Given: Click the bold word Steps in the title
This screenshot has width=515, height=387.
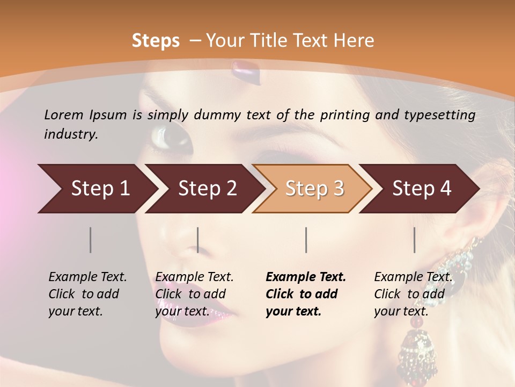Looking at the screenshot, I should click(x=156, y=41).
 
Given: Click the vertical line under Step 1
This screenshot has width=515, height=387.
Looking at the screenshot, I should click(x=91, y=240).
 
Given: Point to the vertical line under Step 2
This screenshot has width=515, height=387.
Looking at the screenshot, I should click(x=198, y=240).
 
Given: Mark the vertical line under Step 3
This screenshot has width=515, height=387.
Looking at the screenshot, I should click(x=306, y=240).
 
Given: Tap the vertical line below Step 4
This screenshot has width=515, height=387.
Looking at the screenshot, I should click(x=415, y=240).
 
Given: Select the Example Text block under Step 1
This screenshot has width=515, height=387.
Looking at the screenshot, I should click(x=87, y=294).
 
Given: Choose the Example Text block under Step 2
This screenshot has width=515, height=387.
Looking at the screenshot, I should click(x=194, y=294).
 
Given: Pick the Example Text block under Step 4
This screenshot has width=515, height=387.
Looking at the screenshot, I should click(x=413, y=294).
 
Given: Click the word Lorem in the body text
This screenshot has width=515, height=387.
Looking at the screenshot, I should click(x=64, y=114).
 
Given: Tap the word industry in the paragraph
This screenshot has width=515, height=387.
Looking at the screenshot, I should click(x=70, y=134).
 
